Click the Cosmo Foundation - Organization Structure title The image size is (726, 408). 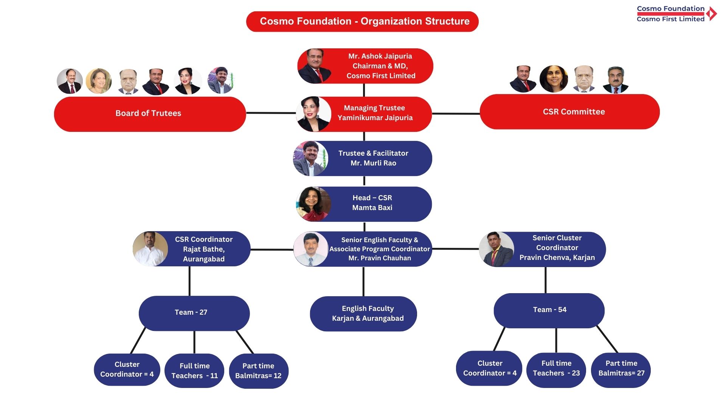pyautogui.click(x=362, y=22)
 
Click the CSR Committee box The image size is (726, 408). pyautogui.click(x=569, y=112)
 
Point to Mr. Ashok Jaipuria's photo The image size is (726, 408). pyautogui.click(x=315, y=66)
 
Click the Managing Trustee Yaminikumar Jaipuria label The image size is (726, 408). pyautogui.click(x=375, y=113)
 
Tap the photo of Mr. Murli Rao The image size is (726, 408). pyautogui.click(x=310, y=159)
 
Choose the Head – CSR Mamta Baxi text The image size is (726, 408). pyautogui.click(x=372, y=203)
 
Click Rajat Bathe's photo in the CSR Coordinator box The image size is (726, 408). pyautogui.click(x=150, y=249)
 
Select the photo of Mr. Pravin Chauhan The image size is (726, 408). pyautogui.click(x=311, y=249)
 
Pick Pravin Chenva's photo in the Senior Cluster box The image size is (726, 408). pyautogui.click(x=496, y=249)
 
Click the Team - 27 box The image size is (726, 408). pyautogui.click(x=194, y=313)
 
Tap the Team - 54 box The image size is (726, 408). pyautogui.click(x=549, y=310)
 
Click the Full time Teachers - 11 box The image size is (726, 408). pyautogui.click(x=194, y=371)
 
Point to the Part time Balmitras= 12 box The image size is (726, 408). pyautogui.click(x=259, y=371)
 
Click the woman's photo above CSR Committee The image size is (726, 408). pyautogui.click(x=554, y=79)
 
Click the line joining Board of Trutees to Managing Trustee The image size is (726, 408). pyautogui.click(x=271, y=113)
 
